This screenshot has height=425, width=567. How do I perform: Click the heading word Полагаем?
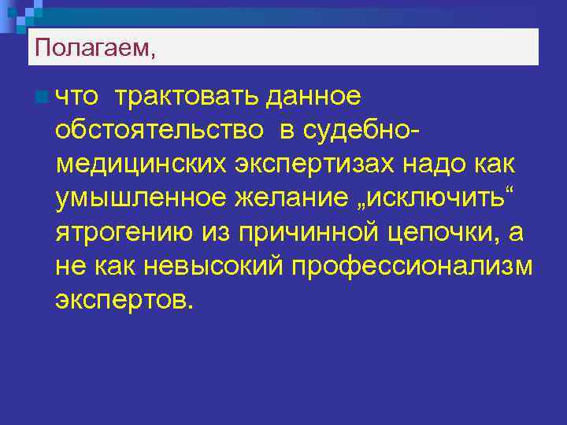coord(91,50)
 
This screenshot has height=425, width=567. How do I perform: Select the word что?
coord(77,97)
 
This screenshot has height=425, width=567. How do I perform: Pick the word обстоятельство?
coord(158,131)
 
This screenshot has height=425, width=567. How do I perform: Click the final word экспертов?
coord(123,300)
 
